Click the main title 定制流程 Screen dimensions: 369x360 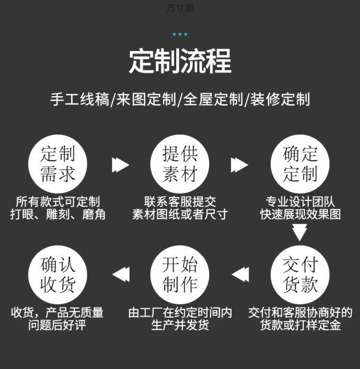(180, 61)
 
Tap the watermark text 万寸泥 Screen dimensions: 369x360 (180, 8)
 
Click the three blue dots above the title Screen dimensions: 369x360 (180, 34)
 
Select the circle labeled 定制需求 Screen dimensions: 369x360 (58, 164)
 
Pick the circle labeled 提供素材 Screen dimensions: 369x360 (180, 164)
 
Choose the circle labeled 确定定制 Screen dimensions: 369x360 (300, 164)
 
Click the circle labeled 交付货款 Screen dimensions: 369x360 (300, 274)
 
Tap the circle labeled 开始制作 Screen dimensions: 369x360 (180, 274)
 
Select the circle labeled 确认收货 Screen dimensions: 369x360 (58, 274)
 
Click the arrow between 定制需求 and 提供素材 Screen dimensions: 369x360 (120, 165)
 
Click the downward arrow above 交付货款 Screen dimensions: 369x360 (300, 233)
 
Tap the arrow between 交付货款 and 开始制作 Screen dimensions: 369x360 (240, 274)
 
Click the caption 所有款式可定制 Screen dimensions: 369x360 (58, 201)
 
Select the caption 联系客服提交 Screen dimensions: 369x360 (180, 201)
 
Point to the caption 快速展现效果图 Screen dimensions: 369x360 (300, 214)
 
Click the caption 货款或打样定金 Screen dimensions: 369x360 (300, 325)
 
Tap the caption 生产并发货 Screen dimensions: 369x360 (180, 325)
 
